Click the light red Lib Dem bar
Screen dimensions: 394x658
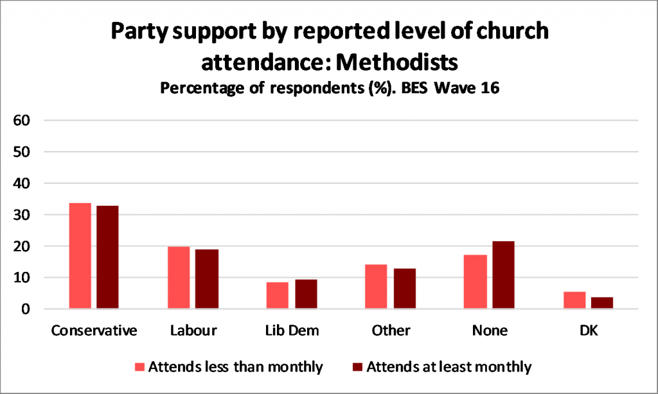[277, 296]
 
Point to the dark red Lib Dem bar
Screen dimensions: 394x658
[306, 294]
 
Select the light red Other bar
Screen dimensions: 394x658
[376, 287]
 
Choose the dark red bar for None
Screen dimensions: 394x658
[503, 275]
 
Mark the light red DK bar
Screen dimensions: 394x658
[574, 300]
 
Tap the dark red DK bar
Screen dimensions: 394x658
[602, 303]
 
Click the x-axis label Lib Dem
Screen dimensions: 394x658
[292, 330]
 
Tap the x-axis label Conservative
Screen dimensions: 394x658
[94, 330]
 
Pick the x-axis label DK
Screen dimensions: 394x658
[588, 330]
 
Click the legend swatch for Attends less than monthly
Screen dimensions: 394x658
[140, 368]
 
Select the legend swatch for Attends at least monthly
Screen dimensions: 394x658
[358, 368]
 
